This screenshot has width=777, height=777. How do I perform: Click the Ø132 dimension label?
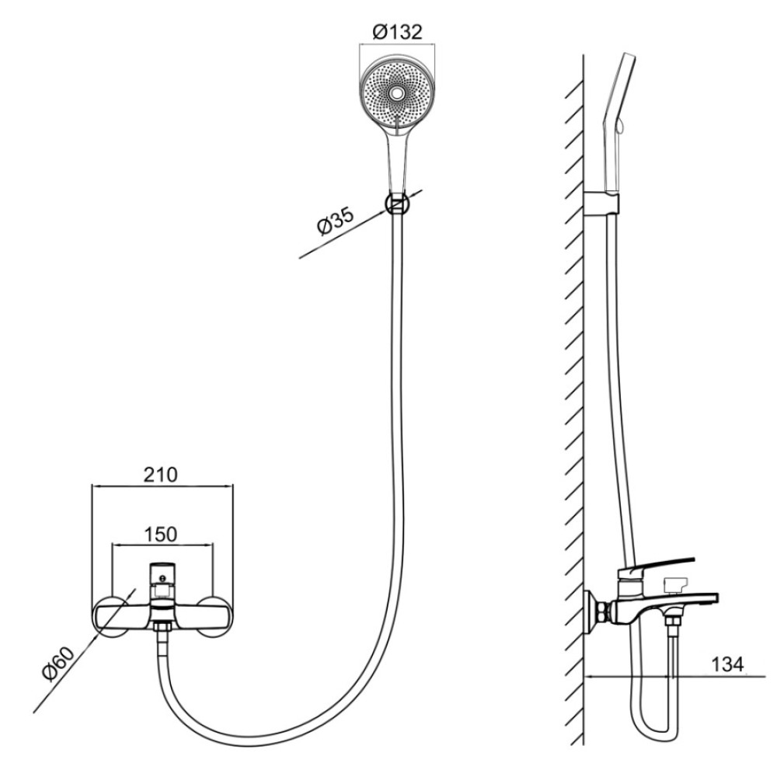pyautogui.click(x=397, y=32)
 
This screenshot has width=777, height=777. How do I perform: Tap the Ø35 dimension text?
pyautogui.click(x=336, y=221)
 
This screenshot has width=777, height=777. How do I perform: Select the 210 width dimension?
pyautogui.click(x=161, y=475)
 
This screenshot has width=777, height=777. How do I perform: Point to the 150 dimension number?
pyautogui.click(x=161, y=535)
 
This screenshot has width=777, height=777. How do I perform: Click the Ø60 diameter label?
pyautogui.click(x=58, y=664)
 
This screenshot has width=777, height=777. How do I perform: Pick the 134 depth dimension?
pyautogui.click(x=727, y=664)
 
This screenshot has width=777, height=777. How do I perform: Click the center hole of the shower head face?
pyautogui.click(x=396, y=92)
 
